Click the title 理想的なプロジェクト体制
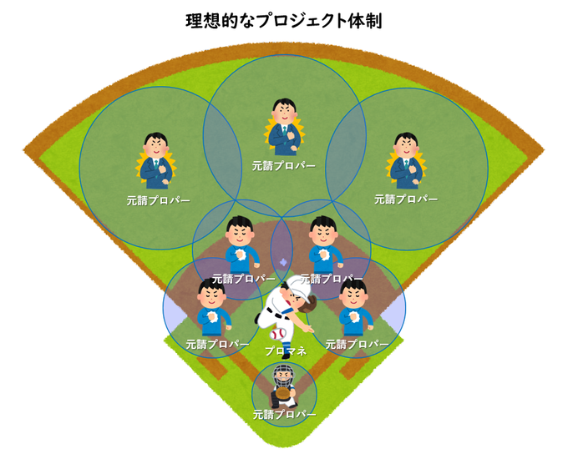pyautogui.click(x=283, y=20)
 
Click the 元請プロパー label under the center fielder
pyautogui.click(x=284, y=165)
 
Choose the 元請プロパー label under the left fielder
pyautogui.click(x=158, y=201)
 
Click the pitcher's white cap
pyautogui.click(x=295, y=287)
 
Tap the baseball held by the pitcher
pyautogui.click(x=277, y=333)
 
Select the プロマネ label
pyautogui.click(x=285, y=352)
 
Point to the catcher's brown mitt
pyautogui.click(x=284, y=391)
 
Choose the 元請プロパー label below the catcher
pyautogui.click(x=284, y=415)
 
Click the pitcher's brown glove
pyautogui.click(x=307, y=307)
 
